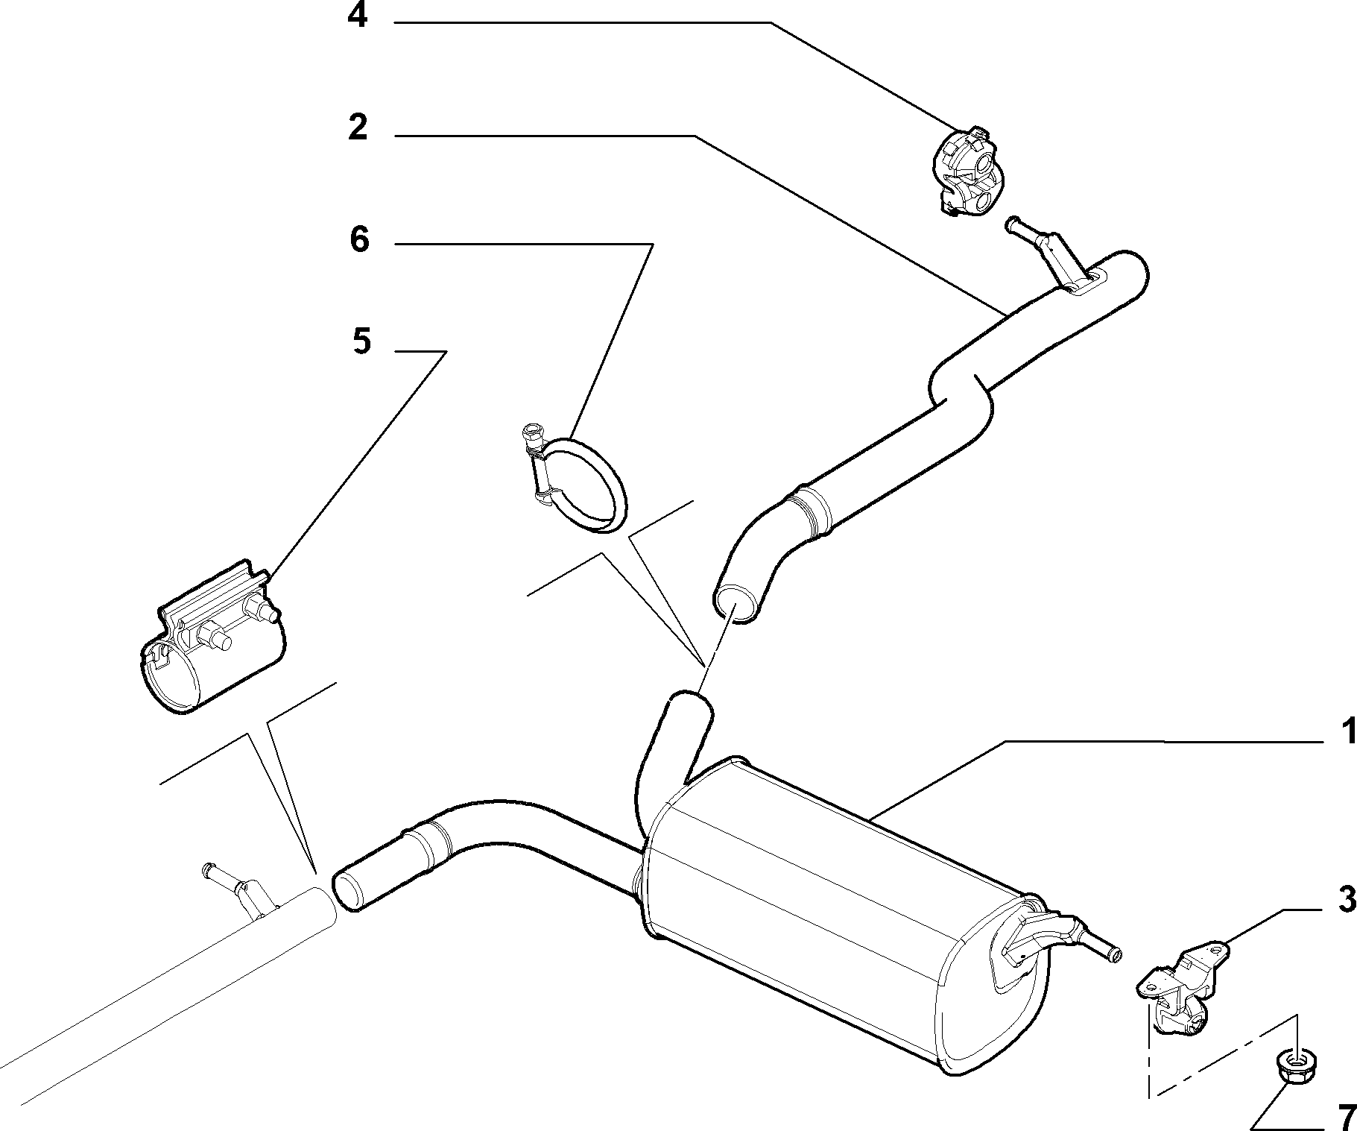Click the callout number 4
click(x=358, y=15)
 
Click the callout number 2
click(x=358, y=127)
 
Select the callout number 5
click(x=361, y=342)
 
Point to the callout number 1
click(x=1348, y=732)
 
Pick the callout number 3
click(x=1347, y=900)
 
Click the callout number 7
click(x=1346, y=1117)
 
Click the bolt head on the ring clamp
click(x=531, y=430)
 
